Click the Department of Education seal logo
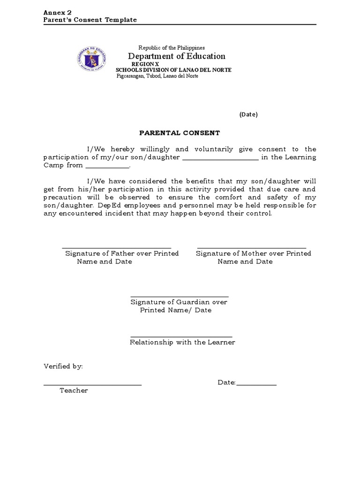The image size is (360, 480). pyautogui.click(x=92, y=60)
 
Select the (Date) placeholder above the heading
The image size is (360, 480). pyautogui.click(x=248, y=114)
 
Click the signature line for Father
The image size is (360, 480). pyautogui.click(x=116, y=247)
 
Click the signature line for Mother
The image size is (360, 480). pyautogui.click(x=252, y=247)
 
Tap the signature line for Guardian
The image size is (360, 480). pyautogui.click(x=180, y=296)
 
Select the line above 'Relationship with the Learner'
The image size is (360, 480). pyautogui.click(x=181, y=337)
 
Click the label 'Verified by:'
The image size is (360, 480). pyautogui.click(x=63, y=366)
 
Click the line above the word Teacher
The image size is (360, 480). pyautogui.click(x=92, y=385)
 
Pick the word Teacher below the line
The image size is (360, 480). pyautogui.click(x=74, y=390)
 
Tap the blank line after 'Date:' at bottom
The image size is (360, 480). pyautogui.click(x=256, y=385)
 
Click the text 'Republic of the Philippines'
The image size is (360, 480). pyautogui.click(x=171, y=48)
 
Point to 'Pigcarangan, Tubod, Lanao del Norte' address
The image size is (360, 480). pyautogui.click(x=157, y=76)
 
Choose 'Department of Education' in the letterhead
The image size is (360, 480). pyautogui.click(x=177, y=56)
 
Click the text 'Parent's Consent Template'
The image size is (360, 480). pyautogui.click(x=90, y=20)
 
